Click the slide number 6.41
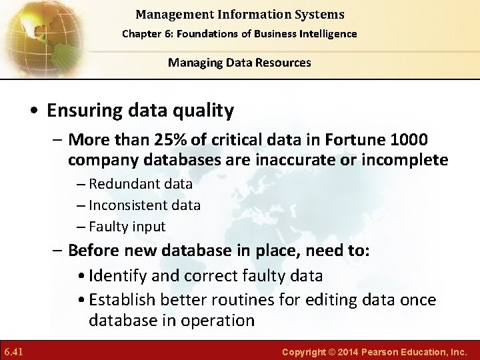coord(13,351)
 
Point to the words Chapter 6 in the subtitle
coord(142,33)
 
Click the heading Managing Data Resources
coord(239,63)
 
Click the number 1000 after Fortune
coord(407,140)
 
